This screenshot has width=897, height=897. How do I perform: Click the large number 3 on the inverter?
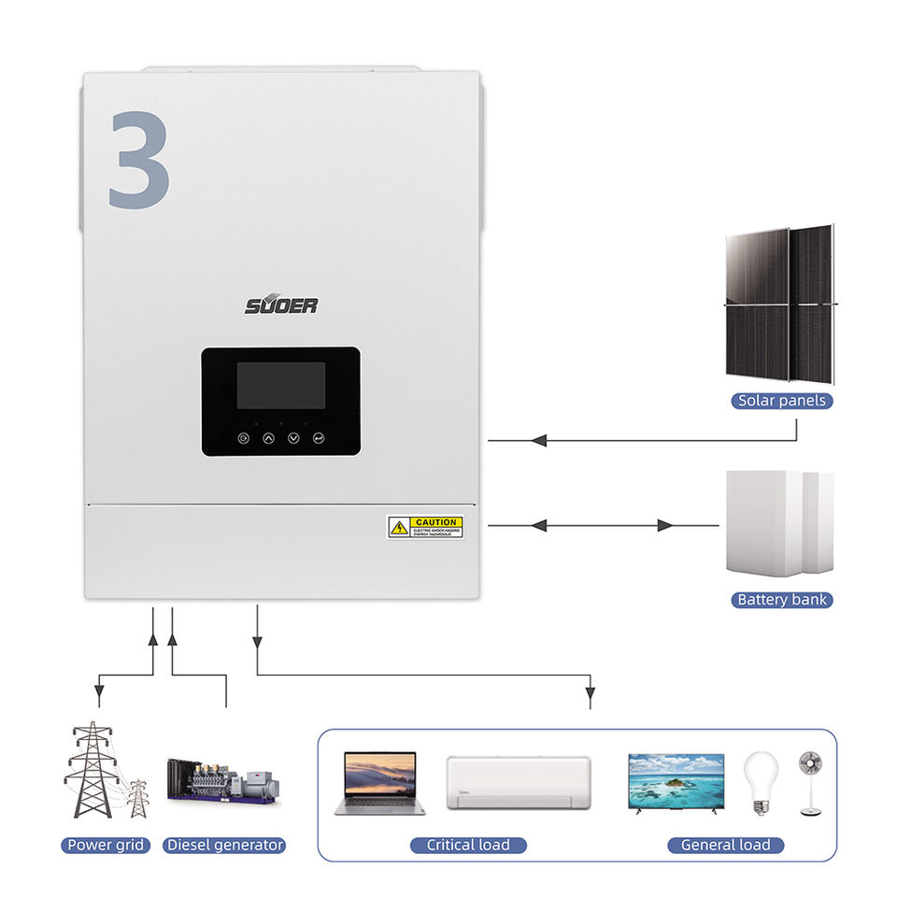[139, 159]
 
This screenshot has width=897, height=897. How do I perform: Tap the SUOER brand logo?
[281, 306]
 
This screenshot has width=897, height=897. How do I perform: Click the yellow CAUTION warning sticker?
[425, 526]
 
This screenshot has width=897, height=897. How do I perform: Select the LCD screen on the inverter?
[280, 386]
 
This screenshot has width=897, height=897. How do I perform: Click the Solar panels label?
[782, 401]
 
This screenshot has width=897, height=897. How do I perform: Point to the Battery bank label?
[782, 599]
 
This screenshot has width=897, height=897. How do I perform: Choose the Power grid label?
[107, 845]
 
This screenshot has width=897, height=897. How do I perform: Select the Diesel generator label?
[224, 845]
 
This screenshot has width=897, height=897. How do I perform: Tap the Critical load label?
[468, 845]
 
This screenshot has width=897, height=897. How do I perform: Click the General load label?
[726, 845]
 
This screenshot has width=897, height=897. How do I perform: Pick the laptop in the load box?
[379, 783]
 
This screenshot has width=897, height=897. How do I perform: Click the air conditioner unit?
[518, 782]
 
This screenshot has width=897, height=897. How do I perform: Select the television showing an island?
[676, 782]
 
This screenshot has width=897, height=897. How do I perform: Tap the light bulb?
[760, 783]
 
